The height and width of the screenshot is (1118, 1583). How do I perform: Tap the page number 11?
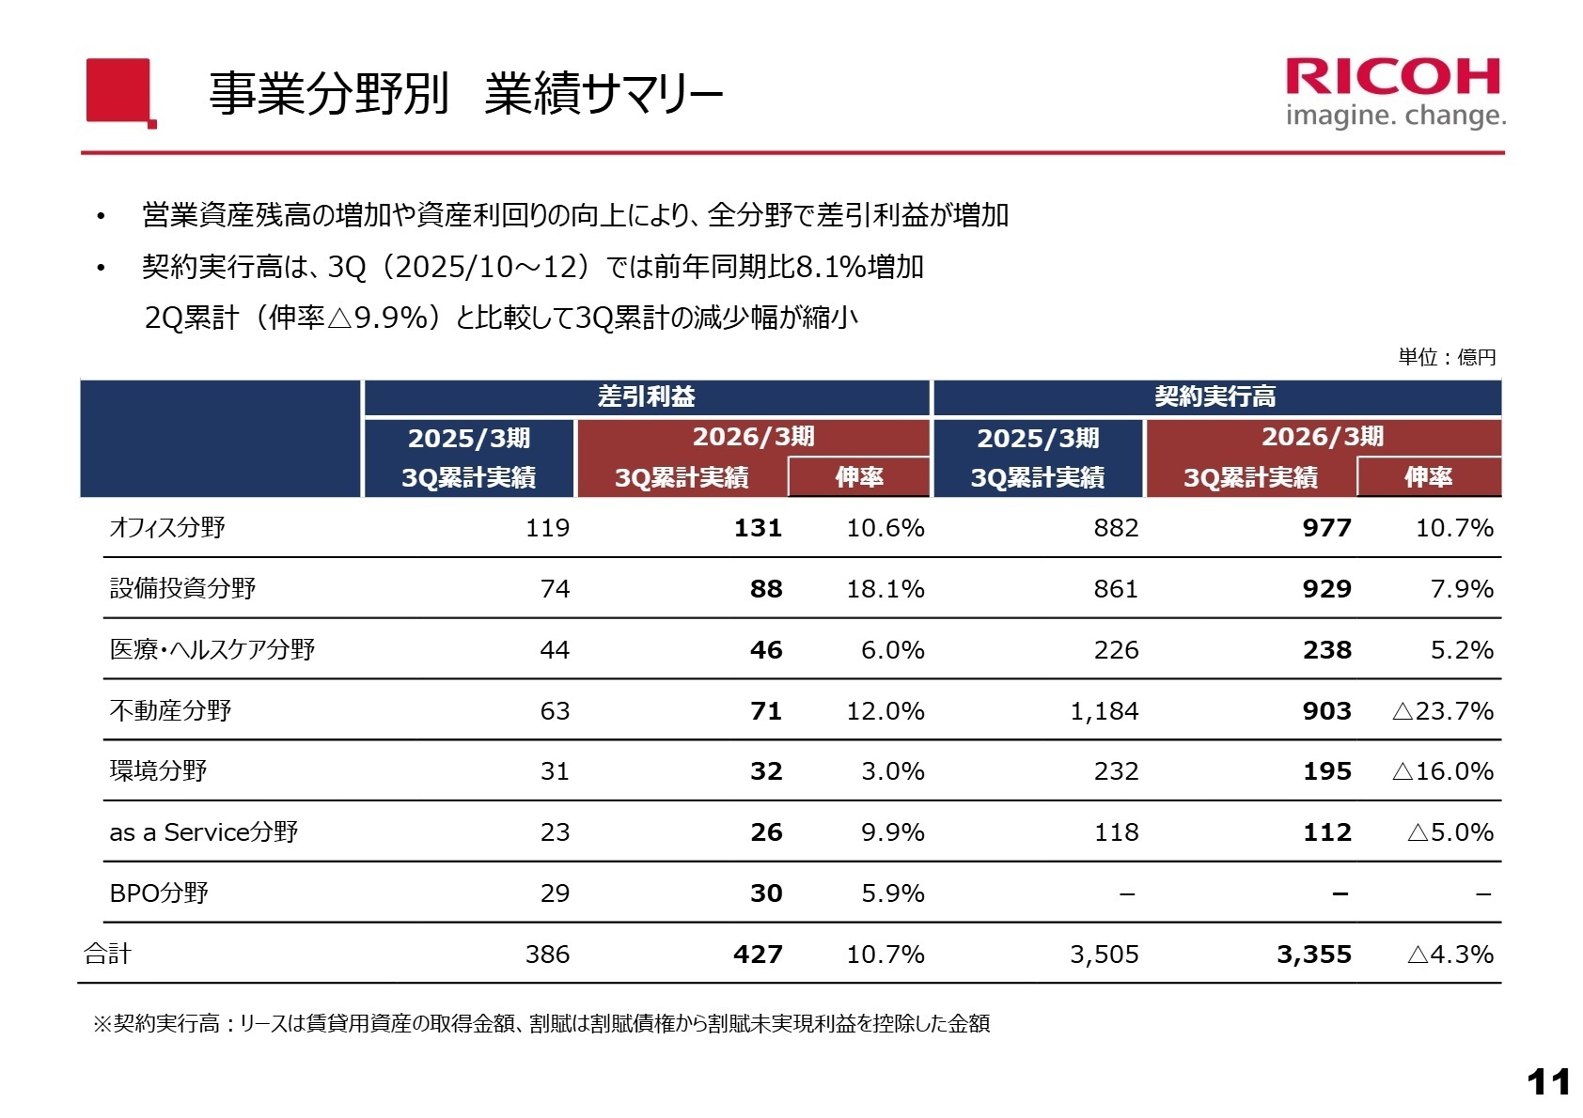(1548, 1082)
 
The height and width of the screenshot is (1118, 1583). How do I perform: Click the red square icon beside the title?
(119, 91)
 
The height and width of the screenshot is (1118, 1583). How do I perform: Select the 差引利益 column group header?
(647, 396)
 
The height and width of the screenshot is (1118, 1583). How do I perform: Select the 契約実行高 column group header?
(1215, 396)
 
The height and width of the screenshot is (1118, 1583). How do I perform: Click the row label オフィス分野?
(167, 528)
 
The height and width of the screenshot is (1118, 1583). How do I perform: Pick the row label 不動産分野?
(170, 710)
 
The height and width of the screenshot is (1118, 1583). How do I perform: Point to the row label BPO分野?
(159, 893)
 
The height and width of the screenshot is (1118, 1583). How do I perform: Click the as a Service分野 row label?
(203, 832)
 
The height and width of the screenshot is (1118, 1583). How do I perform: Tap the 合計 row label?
(107, 955)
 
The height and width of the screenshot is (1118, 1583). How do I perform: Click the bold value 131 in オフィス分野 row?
(758, 528)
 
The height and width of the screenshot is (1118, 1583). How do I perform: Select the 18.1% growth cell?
(885, 589)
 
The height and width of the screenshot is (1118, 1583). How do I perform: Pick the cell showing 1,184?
(1104, 711)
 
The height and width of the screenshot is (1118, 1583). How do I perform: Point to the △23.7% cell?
(1442, 711)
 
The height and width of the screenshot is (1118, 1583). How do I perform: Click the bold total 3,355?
(1313, 955)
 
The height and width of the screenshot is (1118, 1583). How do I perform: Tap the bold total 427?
(758, 955)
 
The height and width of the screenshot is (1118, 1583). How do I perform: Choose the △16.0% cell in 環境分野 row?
(1442, 771)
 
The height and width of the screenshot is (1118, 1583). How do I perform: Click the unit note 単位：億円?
(1446, 357)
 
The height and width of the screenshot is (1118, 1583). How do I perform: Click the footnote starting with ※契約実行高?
(541, 1024)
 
